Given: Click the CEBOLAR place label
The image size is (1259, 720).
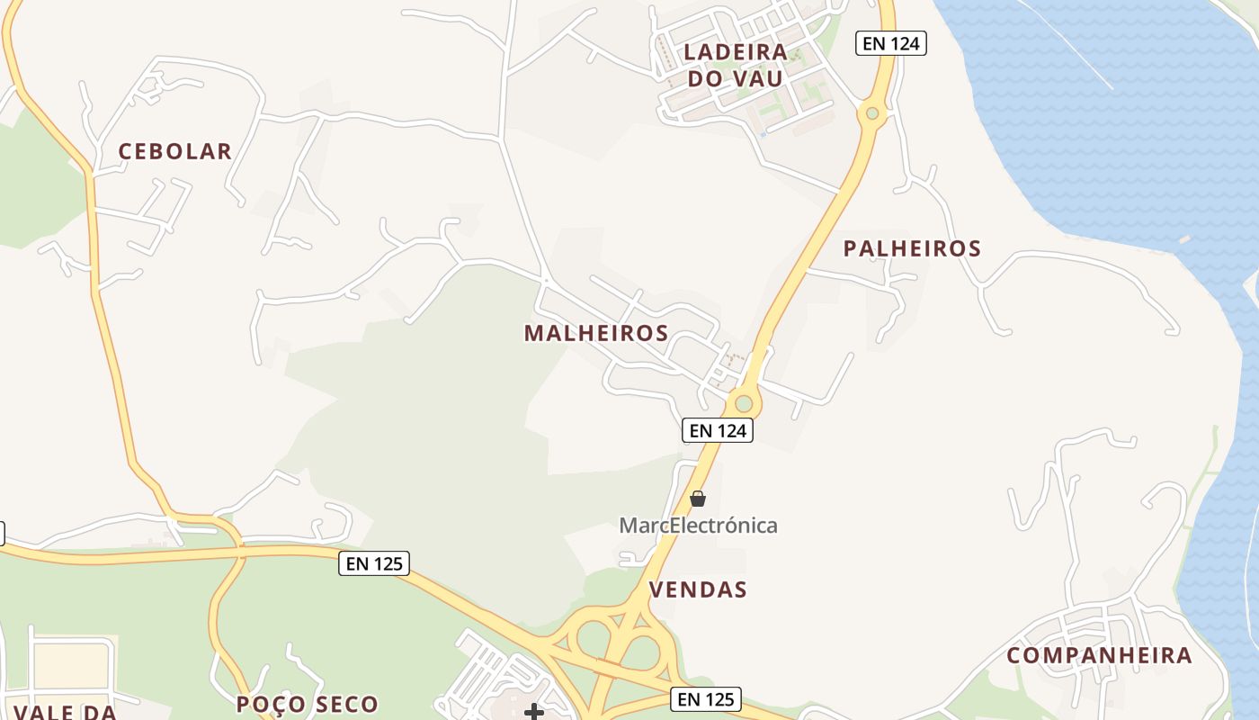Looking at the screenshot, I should tap(175, 151).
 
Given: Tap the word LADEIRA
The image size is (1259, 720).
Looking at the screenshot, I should tap(736, 52).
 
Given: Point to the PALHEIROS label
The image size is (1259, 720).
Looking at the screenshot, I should tap(912, 248).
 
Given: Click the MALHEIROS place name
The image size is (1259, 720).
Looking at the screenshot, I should tap(596, 333).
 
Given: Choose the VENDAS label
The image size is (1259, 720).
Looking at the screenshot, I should tap(698, 589).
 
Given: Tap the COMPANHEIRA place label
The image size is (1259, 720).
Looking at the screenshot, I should tap(1099, 655).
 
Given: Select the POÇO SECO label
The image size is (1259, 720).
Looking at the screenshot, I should tap(308, 704).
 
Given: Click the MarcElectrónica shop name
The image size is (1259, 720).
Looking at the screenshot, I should tap(698, 526).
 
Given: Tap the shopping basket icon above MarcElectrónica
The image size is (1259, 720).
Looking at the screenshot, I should tap(698, 499).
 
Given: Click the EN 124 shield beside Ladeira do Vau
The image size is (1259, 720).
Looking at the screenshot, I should tap(890, 42).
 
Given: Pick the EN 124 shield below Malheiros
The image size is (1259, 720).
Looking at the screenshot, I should tap(717, 430).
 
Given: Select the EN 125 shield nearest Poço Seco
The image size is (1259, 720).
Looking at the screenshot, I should tap(375, 563).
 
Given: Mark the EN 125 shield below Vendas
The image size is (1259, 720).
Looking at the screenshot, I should tap(706, 698).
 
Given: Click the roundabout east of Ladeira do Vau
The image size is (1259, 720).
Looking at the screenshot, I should tap(871, 113).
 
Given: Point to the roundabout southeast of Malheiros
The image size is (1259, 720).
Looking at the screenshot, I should tap(743, 403).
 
